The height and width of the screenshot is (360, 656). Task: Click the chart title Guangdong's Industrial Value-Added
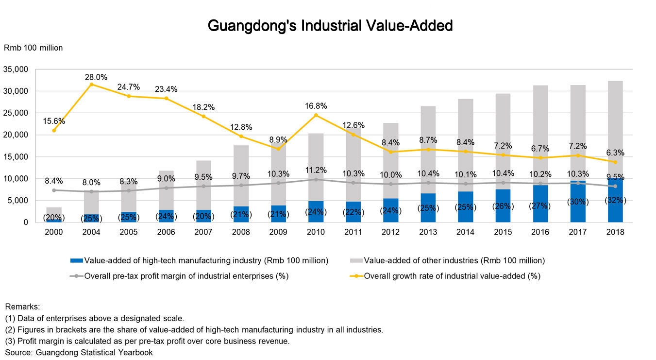(x=330, y=25)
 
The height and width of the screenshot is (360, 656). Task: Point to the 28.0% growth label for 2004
(x=96, y=77)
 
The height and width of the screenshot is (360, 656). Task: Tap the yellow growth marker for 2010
(x=316, y=115)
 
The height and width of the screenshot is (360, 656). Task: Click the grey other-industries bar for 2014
(x=466, y=146)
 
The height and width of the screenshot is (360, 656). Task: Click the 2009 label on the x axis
(x=278, y=232)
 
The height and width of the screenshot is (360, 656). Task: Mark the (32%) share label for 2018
(x=615, y=200)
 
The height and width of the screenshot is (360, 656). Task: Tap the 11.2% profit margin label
(x=316, y=171)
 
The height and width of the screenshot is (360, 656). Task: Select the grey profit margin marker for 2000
(x=54, y=190)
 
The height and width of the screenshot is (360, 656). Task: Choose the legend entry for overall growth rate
(x=447, y=276)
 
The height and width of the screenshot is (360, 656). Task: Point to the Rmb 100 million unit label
(x=34, y=48)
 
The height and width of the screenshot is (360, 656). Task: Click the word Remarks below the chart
(x=22, y=307)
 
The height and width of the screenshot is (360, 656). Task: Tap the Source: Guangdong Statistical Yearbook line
(x=79, y=352)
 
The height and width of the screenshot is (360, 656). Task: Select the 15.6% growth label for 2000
(x=54, y=121)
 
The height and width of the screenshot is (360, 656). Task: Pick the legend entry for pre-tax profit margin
(x=180, y=276)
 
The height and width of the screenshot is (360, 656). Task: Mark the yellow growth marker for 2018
(x=615, y=162)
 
